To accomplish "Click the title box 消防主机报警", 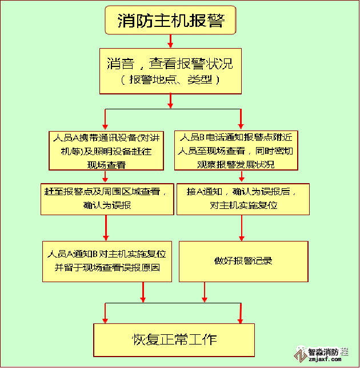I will (169, 21).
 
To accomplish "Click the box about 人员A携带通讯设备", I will (106, 151).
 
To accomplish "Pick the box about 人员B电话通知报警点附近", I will (235, 151).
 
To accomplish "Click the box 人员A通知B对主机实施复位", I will (107, 261).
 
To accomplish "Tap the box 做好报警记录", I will (243, 261).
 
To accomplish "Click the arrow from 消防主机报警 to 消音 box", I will (170, 41).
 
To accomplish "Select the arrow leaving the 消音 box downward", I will (170, 100).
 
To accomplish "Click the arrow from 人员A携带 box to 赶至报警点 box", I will (105, 177).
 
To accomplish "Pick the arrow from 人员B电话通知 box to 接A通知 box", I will (241, 177).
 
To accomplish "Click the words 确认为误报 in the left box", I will (107, 205).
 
